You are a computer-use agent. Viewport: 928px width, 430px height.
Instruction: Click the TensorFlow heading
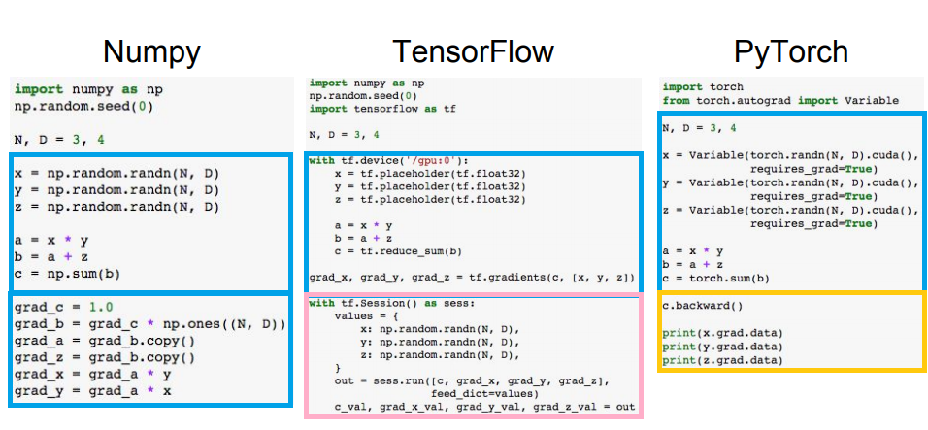(x=473, y=51)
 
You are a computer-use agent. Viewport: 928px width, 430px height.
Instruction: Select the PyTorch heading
(x=791, y=51)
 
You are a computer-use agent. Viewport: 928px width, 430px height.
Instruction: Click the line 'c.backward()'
(x=702, y=305)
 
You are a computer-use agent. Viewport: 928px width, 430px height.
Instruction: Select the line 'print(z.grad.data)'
(x=721, y=360)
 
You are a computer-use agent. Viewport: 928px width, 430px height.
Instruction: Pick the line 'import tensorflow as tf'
(x=382, y=109)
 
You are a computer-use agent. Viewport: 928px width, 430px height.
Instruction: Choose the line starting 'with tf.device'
(x=388, y=160)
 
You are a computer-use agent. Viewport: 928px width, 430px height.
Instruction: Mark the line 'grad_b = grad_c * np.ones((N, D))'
(x=149, y=323)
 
